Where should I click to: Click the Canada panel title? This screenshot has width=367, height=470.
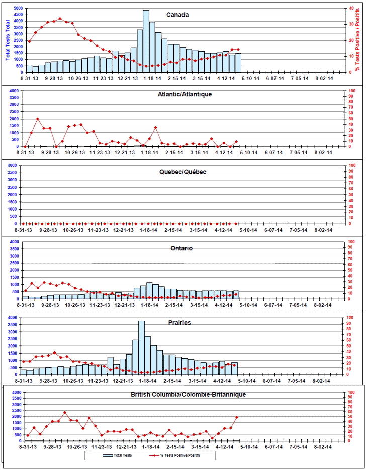(x=177, y=15)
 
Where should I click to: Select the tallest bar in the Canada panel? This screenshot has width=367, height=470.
(x=146, y=40)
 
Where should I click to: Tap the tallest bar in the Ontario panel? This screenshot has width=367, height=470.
(x=149, y=291)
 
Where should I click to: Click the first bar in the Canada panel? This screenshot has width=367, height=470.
(x=29, y=68)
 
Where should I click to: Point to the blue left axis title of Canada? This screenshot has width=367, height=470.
(x=7, y=40)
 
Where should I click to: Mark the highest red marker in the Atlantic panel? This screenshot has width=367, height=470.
(x=38, y=119)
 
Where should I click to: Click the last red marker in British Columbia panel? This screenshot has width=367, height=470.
(x=236, y=417)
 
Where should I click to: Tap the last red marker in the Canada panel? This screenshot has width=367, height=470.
(x=238, y=50)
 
